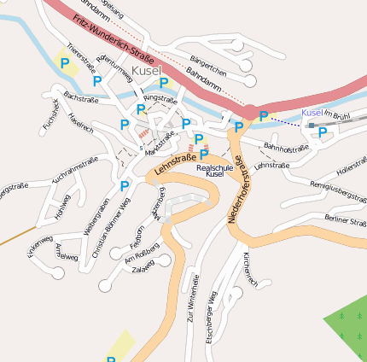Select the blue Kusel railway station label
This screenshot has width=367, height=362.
[312, 113]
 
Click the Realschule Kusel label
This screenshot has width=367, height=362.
[214, 170]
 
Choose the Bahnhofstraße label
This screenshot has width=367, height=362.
[284, 148]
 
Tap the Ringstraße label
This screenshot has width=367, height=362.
[160, 99]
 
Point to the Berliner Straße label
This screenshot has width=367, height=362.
[345, 221]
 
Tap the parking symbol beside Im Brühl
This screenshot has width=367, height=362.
[323, 132]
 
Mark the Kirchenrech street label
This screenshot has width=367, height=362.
[249, 268]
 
